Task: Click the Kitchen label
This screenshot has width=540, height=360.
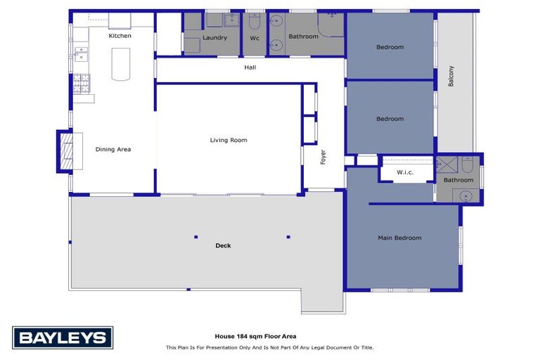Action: (120, 36)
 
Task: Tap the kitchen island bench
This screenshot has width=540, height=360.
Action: (121, 65)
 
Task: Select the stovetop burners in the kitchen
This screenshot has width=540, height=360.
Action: (82, 84)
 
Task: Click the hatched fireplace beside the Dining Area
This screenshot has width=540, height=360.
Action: (67, 151)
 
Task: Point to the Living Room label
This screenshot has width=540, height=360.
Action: (229, 140)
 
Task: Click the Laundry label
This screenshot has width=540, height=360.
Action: (214, 38)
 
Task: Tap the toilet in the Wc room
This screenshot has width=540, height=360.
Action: (255, 22)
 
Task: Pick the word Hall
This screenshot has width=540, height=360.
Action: (250, 67)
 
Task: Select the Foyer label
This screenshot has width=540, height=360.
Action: (323, 157)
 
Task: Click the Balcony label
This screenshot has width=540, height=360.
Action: (451, 76)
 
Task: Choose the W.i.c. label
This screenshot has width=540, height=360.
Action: (405, 172)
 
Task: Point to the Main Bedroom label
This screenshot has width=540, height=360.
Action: (399, 238)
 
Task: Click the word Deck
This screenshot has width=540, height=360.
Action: (223, 245)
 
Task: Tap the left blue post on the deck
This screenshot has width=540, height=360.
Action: (196, 237)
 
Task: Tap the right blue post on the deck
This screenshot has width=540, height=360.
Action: (288, 237)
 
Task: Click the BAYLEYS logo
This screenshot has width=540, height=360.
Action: (63, 337)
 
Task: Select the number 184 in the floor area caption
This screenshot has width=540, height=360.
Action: (242, 336)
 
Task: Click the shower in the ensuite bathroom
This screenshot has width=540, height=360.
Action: (446, 165)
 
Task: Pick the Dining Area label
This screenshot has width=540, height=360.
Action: (113, 150)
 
